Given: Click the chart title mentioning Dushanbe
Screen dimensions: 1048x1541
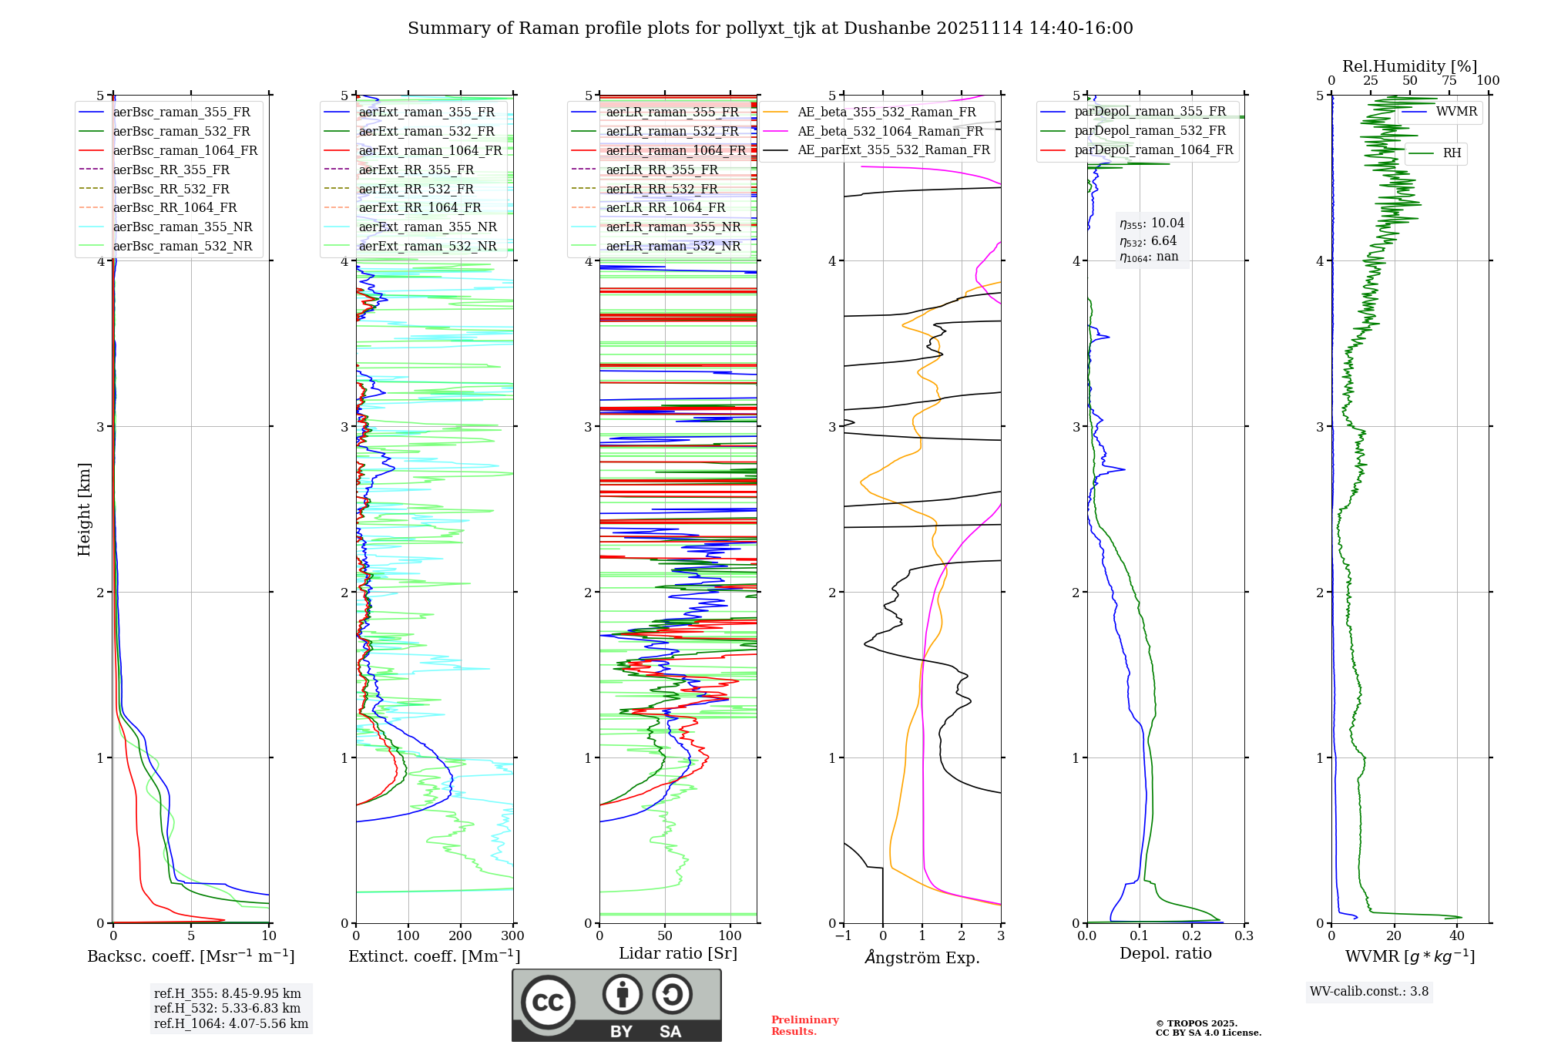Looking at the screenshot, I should [x=770, y=29].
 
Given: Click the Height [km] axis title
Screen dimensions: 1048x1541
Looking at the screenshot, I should [x=84, y=509].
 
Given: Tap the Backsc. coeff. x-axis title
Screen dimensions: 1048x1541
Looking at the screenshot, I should [x=191, y=956].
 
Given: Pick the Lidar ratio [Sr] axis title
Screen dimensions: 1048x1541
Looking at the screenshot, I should [x=678, y=953].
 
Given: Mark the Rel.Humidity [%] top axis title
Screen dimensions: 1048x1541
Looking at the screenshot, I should [x=1409, y=66].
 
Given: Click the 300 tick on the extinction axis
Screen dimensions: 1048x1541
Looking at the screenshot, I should [x=512, y=936].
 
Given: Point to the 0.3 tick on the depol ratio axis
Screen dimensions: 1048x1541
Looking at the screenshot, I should [x=1244, y=936].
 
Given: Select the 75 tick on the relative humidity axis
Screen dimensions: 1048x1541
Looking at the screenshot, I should [x=1449, y=81].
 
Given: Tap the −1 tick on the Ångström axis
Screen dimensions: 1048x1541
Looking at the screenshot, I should [x=843, y=936].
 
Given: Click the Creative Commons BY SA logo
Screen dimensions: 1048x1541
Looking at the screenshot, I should [x=616, y=1005].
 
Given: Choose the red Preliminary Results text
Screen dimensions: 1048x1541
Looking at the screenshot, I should [x=804, y=1026].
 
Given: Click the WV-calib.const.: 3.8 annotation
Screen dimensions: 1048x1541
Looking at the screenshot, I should [x=1368, y=992].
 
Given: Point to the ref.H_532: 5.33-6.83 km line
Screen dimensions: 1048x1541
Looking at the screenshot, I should [x=227, y=1009].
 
